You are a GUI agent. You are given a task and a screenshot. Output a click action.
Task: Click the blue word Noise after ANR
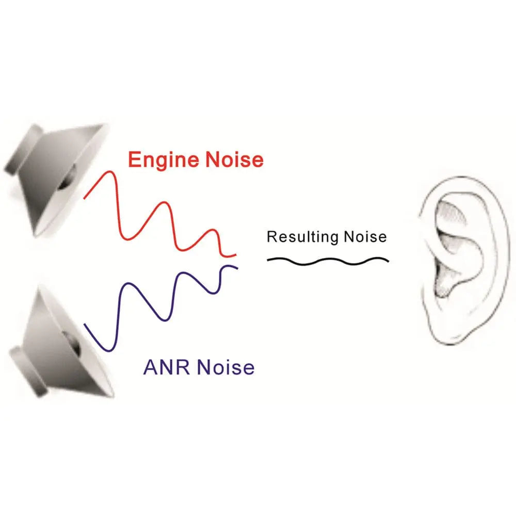228,367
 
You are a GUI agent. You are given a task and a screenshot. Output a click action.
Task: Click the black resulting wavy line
328,261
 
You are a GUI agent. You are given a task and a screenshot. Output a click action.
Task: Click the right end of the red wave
235,255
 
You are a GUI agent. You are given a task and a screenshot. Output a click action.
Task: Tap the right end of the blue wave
236,267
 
